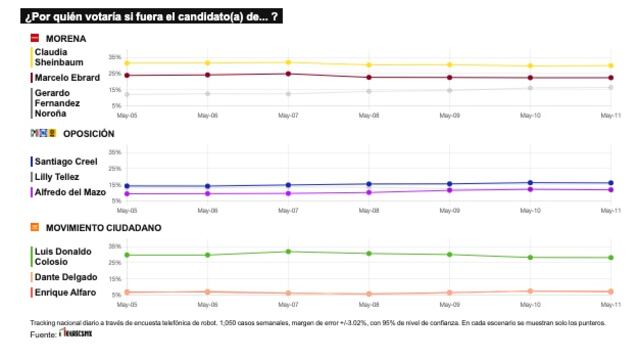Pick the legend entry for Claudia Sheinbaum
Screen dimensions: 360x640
click(x=66, y=57)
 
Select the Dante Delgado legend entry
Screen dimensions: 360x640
click(x=66, y=277)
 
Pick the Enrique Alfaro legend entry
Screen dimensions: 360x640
click(x=65, y=292)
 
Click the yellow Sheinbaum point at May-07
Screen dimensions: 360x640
click(x=288, y=62)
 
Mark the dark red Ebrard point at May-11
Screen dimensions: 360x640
click(x=610, y=78)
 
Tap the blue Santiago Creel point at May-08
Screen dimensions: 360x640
click(x=369, y=184)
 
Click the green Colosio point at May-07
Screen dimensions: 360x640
click(x=288, y=251)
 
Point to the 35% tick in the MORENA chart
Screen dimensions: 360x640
click(x=115, y=57)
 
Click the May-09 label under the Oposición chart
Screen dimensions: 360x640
click(x=449, y=211)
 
